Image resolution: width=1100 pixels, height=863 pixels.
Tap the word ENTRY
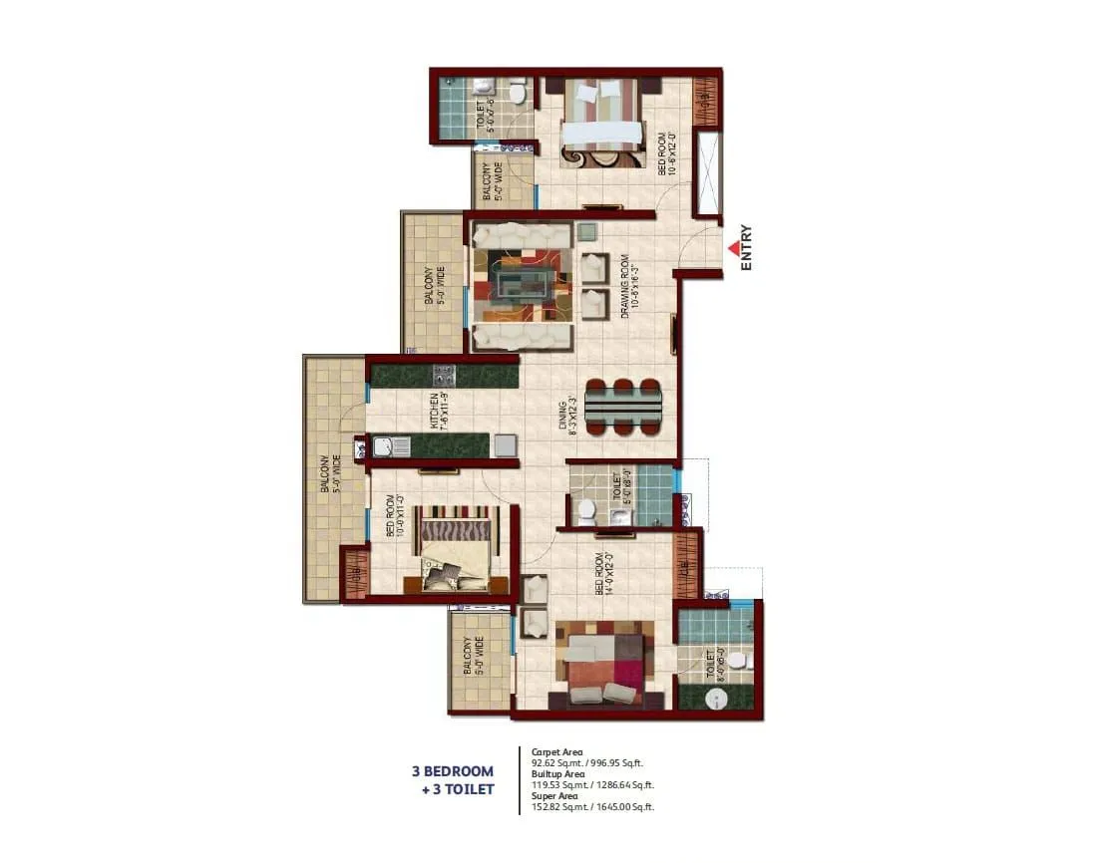click(747, 249)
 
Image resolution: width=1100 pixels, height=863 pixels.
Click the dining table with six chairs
click(622, 408)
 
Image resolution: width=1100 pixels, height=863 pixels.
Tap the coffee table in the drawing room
click(522, 285)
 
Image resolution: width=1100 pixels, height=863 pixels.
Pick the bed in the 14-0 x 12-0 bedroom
click(605, 662)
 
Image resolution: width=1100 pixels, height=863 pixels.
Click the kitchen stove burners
click(444, 376)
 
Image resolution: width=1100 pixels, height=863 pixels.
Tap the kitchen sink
click(384, 446)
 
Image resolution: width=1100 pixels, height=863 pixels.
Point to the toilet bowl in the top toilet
click(518, 94)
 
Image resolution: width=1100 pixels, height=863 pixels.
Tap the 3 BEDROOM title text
click(453, 771)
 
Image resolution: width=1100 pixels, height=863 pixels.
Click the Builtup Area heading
click(558, 773)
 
